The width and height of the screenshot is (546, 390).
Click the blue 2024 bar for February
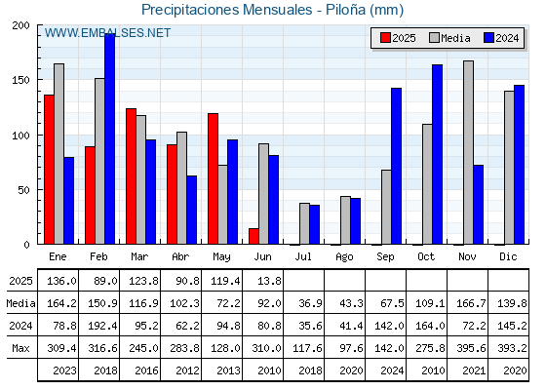[109, 138]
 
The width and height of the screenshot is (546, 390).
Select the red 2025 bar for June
[253, 236]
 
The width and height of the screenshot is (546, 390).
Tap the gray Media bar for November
[468, 152]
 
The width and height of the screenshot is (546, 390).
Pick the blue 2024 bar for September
[396, 166]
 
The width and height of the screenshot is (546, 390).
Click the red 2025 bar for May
[214, 178]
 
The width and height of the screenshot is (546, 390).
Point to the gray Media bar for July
[304, 223]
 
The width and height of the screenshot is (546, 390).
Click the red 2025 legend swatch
[385, 38]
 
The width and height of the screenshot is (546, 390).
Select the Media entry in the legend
[449, 38]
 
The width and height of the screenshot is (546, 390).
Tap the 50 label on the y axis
[24, 190]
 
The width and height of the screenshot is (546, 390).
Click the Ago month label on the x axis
[344, 257]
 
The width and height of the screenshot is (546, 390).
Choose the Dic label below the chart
[508, 256]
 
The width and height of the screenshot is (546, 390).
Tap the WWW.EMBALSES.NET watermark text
[107, 33]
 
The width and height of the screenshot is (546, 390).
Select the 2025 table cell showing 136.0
[61, 281]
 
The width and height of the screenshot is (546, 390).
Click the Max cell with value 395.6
[471, 348]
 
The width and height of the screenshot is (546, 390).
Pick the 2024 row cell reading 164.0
[430, 326]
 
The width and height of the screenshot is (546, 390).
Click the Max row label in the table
[20, 348]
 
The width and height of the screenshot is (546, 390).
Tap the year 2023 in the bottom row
[64, 370]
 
